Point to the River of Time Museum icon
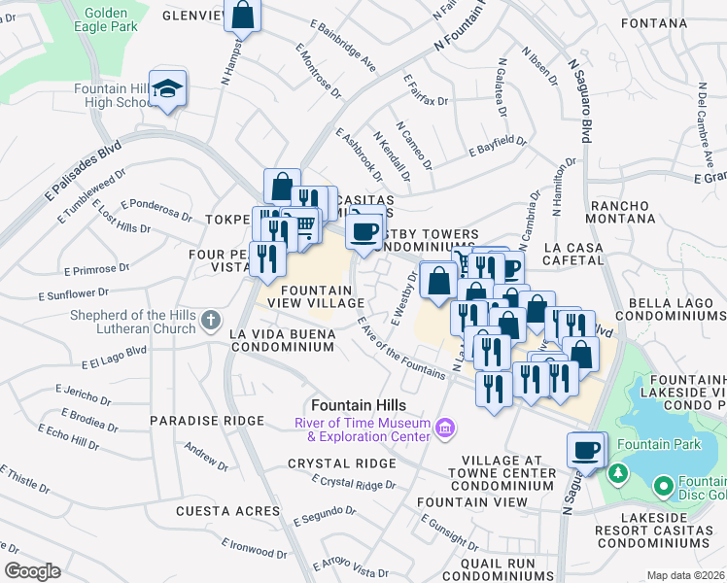444,428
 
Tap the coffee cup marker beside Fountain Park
586,450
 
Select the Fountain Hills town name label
358,404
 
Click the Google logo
32,570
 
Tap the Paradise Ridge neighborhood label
206,421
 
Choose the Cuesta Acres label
214,510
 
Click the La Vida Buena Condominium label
282,340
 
